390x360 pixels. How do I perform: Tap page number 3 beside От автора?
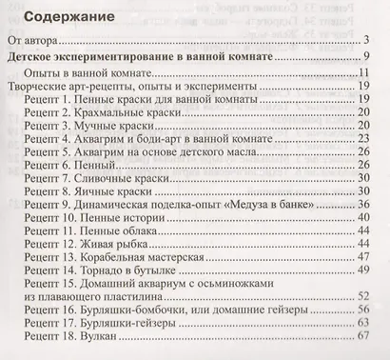(x=366, y=42)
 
